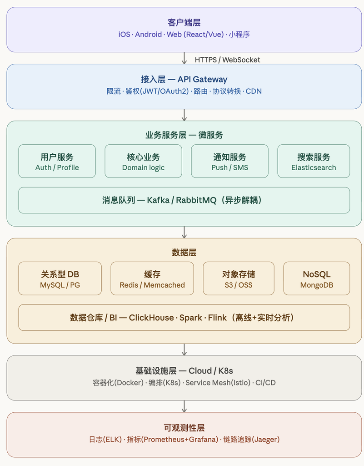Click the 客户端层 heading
[184, 23]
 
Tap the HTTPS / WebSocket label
[227, 60]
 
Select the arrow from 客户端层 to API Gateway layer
[184, 58]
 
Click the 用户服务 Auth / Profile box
[57, 161]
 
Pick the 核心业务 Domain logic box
[143, 161]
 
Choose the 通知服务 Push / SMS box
[229, 161]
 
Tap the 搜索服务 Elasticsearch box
[314, 161]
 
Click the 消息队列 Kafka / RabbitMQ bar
[184, 200]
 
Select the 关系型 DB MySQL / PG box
[60, 279]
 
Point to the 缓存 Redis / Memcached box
[152, 279]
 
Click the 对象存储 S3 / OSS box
[239, 279]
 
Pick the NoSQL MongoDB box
[317, 279]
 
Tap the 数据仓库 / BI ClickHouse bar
[184, 317]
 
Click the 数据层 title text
[184, 252]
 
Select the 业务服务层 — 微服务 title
[184, 135]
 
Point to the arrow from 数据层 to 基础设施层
[184, 349]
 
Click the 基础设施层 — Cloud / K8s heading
[184, 370]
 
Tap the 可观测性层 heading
[184, 428]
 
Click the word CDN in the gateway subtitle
[254, 91]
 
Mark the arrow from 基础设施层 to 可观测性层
[184, 406]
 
